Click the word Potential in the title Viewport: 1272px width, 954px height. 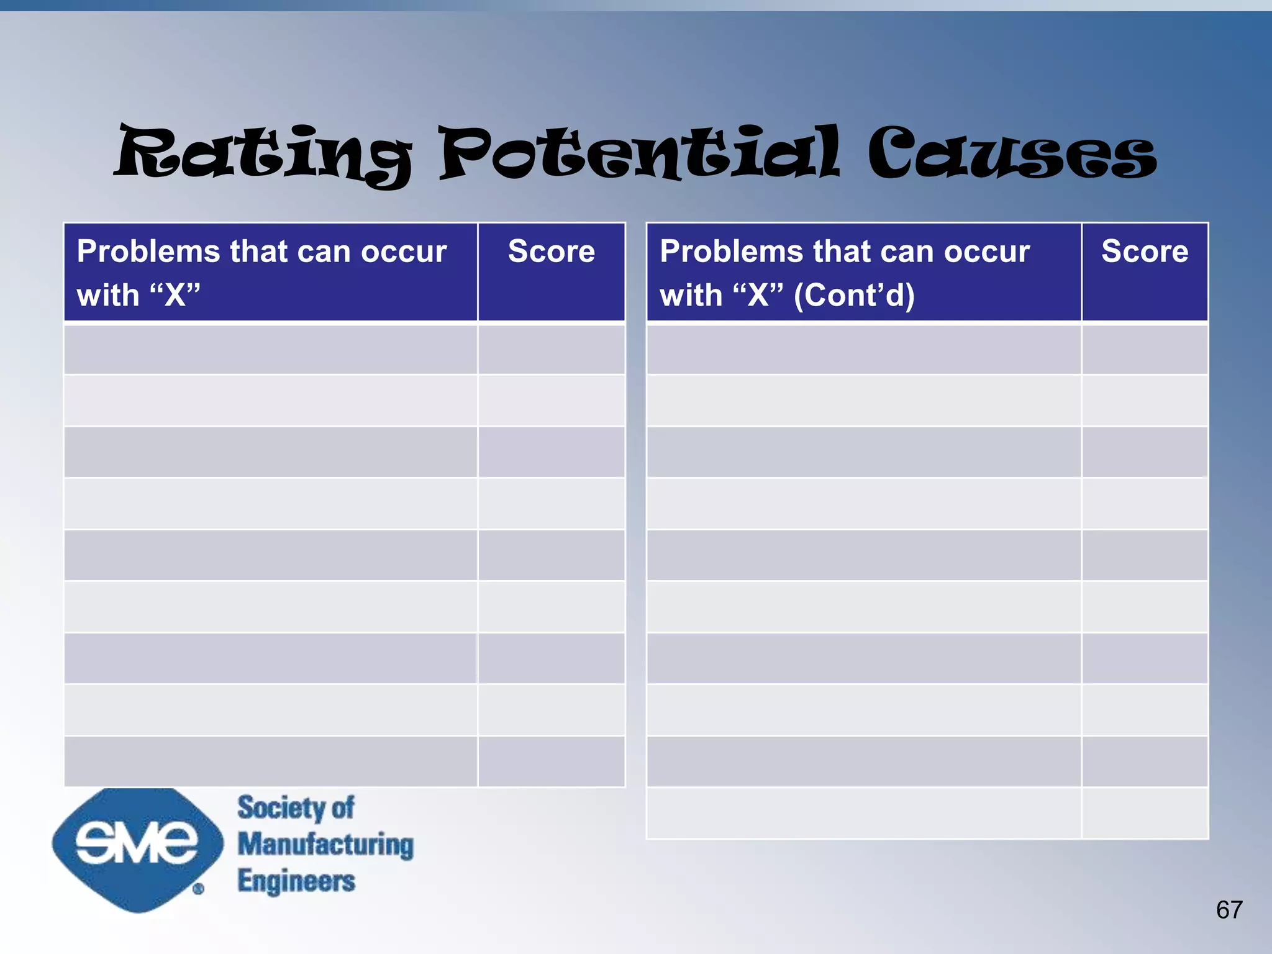click(640, 153)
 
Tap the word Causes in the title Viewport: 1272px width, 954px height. click(1012, 153)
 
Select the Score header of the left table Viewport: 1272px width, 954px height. click(551, 252)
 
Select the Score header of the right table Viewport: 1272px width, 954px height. click(1144, 252)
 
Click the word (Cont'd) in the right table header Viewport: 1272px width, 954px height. click(854, 295)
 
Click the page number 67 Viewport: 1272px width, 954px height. click(1229, 910)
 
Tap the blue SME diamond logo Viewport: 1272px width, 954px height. click(137, 848)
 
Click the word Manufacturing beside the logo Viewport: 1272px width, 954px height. click(325, 845)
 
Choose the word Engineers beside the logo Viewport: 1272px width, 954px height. click(296, 881)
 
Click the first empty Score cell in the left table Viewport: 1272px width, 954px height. click(551, 350)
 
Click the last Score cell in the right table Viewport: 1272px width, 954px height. click(1144, 813)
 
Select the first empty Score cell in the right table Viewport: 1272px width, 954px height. click(1144, 350)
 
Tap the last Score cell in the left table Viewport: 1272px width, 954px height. click(551, 761)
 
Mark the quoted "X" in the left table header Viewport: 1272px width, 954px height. click(176, 295)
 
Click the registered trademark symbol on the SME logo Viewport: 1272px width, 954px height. click(198, 889)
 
